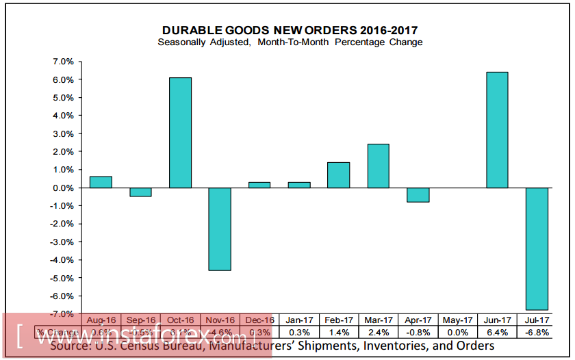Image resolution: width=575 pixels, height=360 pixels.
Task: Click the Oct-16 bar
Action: [x=180, y=133]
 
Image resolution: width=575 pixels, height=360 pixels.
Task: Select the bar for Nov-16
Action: [x=220, y=229]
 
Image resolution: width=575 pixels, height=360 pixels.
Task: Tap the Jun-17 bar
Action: [x=497, y=130]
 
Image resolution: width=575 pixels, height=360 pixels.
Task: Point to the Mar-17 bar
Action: [x=378, y=166]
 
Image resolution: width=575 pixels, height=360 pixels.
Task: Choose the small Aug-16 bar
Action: [x=101, y=182]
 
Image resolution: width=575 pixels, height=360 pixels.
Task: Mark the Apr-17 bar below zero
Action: [x=418, y=195]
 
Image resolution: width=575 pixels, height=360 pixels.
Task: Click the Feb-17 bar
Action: [x=338, y=175]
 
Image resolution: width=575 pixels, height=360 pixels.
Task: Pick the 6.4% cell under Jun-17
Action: [x=497, y=332]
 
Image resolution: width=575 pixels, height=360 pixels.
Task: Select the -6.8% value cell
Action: [x=537, y=332]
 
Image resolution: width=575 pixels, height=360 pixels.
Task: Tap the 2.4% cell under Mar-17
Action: [x=378, y=332]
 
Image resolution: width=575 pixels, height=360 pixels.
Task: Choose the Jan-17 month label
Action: [x=298, y=320]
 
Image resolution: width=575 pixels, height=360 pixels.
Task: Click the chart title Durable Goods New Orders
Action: [x=290, y=30]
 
